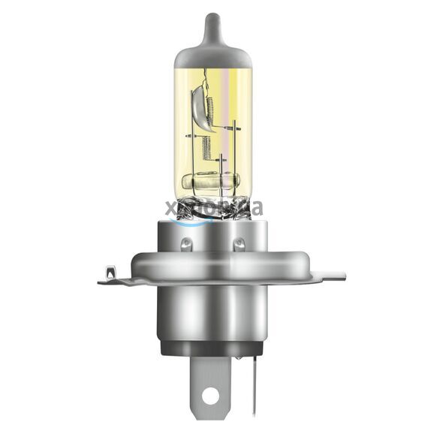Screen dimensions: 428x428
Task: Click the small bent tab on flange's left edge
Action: [x=110, y=272]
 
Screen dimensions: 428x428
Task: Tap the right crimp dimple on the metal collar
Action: [x=239, y=243]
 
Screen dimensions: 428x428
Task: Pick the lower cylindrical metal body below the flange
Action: [x=213, y=315]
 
